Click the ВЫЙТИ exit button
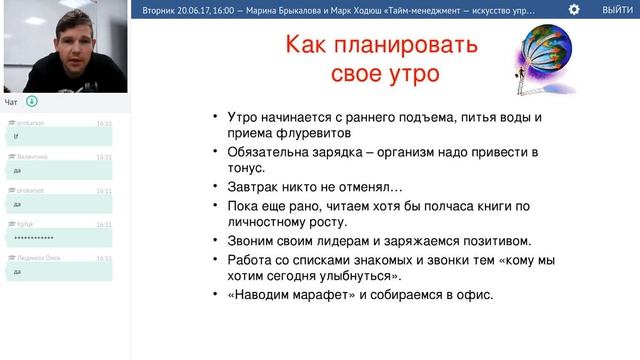click(x=616, y=9)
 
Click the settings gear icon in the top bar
click(x=574, y=9)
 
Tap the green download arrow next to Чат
click(x=32, y=101)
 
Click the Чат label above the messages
click(x=11, y=102)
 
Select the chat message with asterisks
click(x=35, y=237)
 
